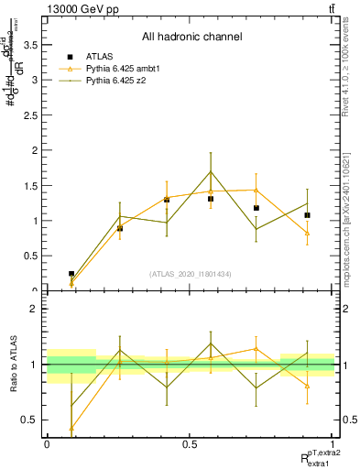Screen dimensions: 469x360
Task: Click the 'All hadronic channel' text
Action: [191, 37]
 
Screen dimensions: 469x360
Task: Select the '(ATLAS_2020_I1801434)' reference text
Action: [191, 273]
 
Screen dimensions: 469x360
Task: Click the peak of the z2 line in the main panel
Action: [211, 171]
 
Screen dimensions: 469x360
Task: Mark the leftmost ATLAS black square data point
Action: [71, 274]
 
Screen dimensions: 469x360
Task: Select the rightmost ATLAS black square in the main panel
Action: [307, 215]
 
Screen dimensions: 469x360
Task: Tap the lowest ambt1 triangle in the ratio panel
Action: [71, 428]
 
